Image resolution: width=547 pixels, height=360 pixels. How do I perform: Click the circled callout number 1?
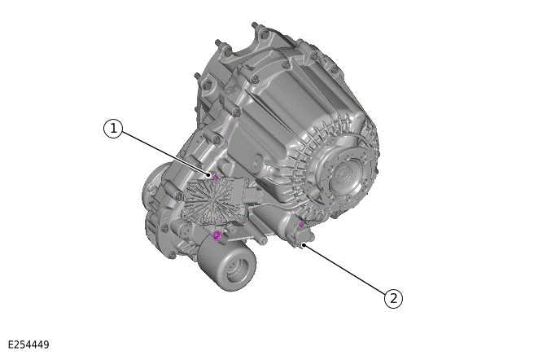[x=112, y=129]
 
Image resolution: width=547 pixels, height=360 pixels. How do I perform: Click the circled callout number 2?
[x=393, y=298]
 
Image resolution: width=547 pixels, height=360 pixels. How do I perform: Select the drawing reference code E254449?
[x=28, y=345]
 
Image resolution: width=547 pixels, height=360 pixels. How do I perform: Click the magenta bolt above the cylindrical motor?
[x=217, y=235]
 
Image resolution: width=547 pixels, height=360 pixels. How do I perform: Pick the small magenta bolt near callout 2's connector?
[x=301, y=224]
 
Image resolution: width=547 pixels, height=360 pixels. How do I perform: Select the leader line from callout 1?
[x=163, y=152]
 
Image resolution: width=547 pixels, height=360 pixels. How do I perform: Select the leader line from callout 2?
[x=346, y=270]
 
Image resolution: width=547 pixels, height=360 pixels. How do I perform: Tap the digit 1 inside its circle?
[x=112, y=129]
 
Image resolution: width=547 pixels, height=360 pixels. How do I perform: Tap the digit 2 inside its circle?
[x=393, y=298]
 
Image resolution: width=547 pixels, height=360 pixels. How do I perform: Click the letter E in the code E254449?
[x=11, y=345]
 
